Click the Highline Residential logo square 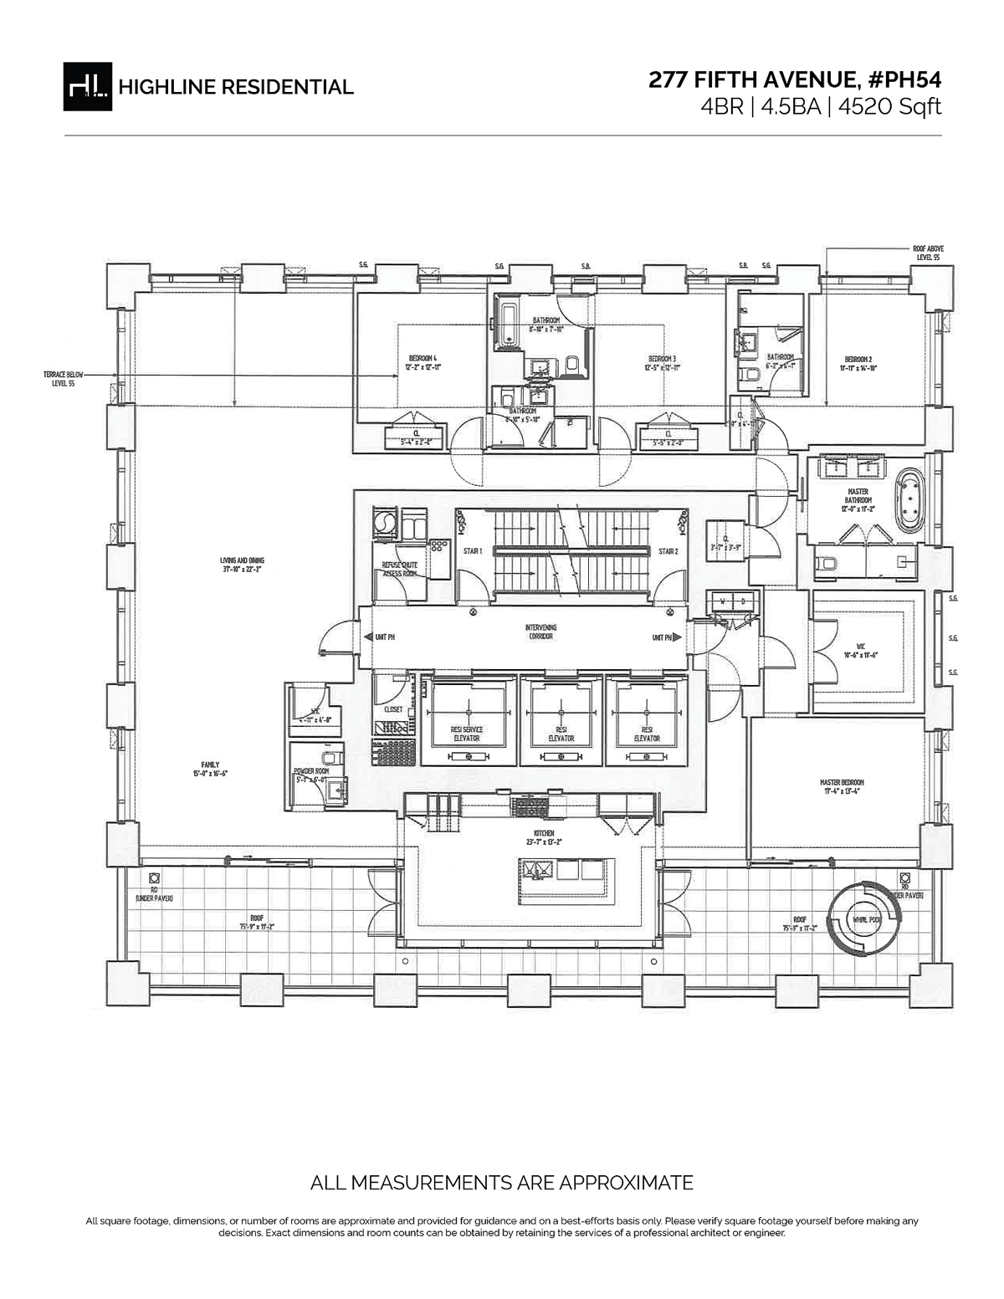coord(88,86)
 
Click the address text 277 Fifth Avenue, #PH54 coord(795,80)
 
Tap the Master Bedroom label coord(842,787)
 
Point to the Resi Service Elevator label coord(467,734)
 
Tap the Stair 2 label coord(668,551)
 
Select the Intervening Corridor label coord(540,632)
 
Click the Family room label coord(210,769)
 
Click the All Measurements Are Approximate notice coord(501,1183)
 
